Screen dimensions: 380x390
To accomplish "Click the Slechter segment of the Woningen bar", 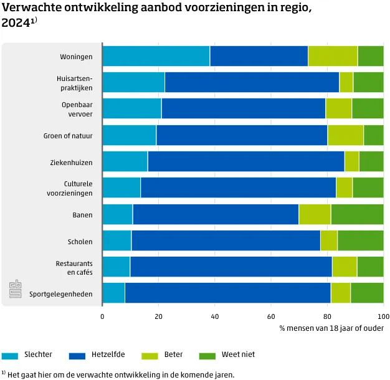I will tap(156, 56).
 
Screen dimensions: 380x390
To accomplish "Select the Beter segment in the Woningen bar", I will tap(333, 56).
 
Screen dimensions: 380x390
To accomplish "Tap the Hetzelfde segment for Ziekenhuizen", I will tap(245, 161).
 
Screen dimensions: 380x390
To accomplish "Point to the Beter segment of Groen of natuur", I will tap(345, 135).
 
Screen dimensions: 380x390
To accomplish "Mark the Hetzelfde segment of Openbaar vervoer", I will tap(243, 108).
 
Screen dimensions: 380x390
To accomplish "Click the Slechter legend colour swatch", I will tap(11, 356).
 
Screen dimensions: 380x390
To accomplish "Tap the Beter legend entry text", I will tap(173, 355).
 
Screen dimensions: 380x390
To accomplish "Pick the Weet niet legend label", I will tap(238, 355).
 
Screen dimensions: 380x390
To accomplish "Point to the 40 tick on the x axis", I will tap(214, 316).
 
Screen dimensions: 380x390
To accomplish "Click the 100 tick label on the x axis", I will tap(383, 316).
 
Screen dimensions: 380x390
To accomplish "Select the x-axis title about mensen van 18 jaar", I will tap(331, 328).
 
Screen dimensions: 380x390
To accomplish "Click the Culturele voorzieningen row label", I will tap(78, 188).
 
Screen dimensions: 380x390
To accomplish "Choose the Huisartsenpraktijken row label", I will tap(74, 83).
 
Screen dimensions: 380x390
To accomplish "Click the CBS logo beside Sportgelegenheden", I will tap(16, 290).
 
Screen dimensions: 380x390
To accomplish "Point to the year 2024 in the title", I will tap(17, 22).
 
